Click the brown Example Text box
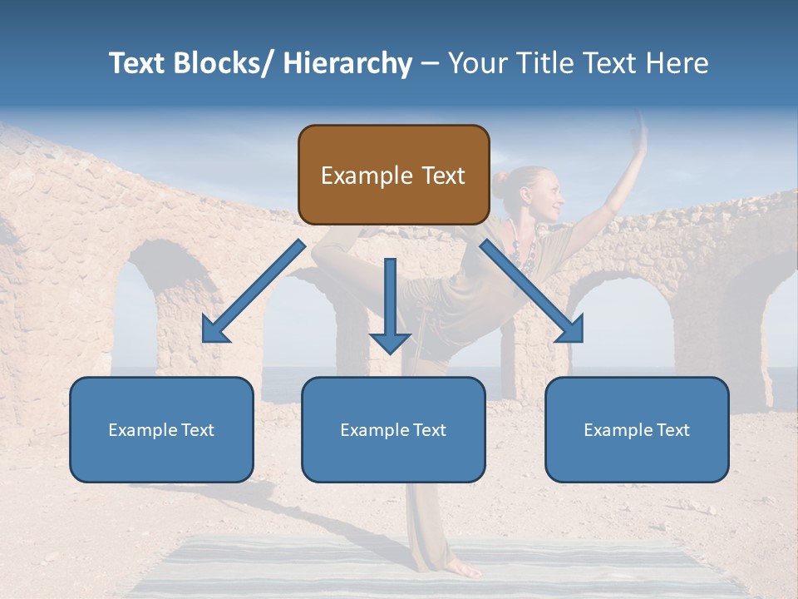click(393, 175)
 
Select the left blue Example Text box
click(161, 429)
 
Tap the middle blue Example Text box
click(393, 429)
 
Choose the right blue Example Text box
click(637, 429)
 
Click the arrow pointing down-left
click(254, 291)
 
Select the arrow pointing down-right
click(532, 291)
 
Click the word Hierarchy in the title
click(347, 63)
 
